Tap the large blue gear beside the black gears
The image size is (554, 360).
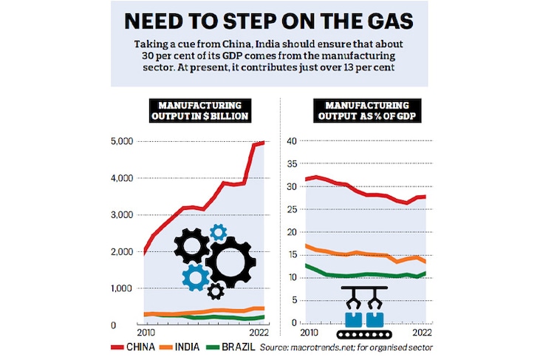click(196, 276)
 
